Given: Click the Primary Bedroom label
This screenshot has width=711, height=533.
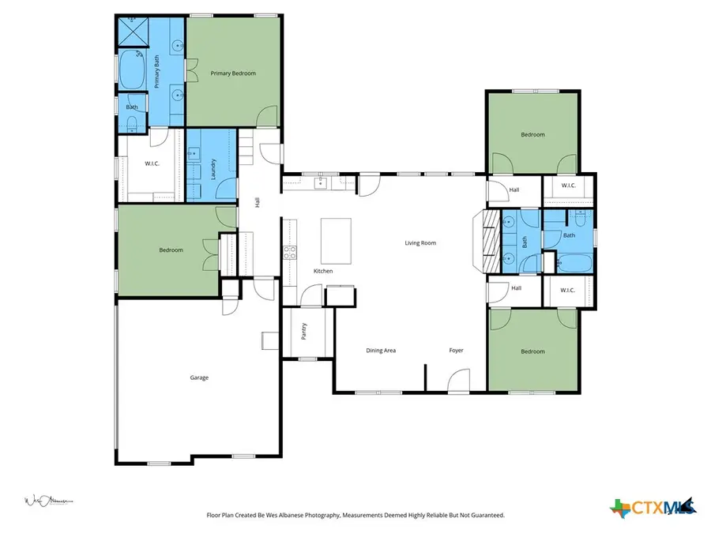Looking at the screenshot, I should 233,73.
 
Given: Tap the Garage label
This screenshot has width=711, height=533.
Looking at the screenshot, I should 199,378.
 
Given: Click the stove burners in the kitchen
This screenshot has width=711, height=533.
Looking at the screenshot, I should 290,253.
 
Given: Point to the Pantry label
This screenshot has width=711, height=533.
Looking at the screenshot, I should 305,331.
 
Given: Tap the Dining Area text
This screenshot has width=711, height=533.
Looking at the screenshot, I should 381,350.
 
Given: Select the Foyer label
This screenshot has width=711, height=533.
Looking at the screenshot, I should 456,350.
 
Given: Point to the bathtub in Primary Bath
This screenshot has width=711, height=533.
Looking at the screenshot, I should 130,71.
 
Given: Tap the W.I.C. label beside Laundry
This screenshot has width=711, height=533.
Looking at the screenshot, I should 153,163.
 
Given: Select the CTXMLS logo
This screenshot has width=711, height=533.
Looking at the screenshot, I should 653,506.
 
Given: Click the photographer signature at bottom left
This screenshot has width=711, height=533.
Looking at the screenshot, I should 47,501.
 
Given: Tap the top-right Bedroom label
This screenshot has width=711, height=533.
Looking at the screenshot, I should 532,134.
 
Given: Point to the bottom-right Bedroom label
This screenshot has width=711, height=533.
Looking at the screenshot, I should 532,351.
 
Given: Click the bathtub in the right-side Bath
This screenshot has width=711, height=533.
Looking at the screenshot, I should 570,263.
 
